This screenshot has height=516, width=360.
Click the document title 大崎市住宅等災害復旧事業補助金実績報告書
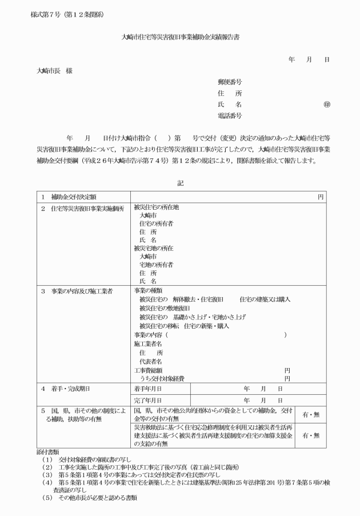[180, 37]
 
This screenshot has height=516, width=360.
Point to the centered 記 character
[181, 183]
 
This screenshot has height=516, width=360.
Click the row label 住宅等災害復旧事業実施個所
[79, 208]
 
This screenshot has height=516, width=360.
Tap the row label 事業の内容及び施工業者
[77, 291]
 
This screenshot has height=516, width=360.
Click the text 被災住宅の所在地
[156, 208]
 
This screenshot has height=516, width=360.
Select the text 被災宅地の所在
[153, 249]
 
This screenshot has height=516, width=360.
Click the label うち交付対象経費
[162, 378]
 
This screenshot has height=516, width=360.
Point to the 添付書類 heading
[46, 451]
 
